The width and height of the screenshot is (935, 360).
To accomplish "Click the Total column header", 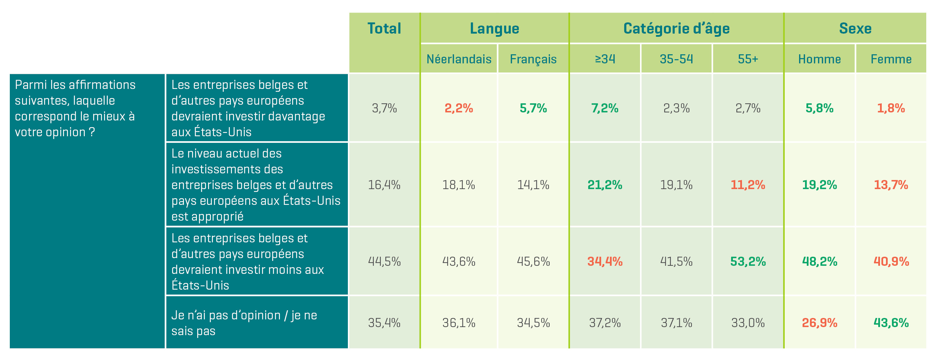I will pos(384,29).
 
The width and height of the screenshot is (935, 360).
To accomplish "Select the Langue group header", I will pos(494,29).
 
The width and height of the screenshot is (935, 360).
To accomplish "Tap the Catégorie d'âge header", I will pos(676,29).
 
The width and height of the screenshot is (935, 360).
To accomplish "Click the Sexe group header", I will pos(855,29).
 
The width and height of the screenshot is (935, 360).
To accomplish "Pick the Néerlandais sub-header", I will pos(459,59).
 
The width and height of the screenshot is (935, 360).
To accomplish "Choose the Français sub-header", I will pos(533,59).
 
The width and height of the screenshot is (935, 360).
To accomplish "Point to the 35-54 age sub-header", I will pos(676,59).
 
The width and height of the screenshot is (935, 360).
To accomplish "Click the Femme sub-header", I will pos(891,59).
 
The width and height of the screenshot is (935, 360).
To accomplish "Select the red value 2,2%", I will pos(459,108).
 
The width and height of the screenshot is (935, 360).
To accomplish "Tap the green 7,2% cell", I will pos(605,108).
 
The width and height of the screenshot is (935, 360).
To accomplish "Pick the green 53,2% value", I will pos(748,262).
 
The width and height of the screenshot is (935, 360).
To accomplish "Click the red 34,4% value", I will pos(605,262).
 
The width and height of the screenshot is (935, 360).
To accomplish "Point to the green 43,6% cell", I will pos(891,323).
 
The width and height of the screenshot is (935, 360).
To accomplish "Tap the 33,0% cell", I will pos(748,323).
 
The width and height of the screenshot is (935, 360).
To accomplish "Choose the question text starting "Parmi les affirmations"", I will pos(75,108).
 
